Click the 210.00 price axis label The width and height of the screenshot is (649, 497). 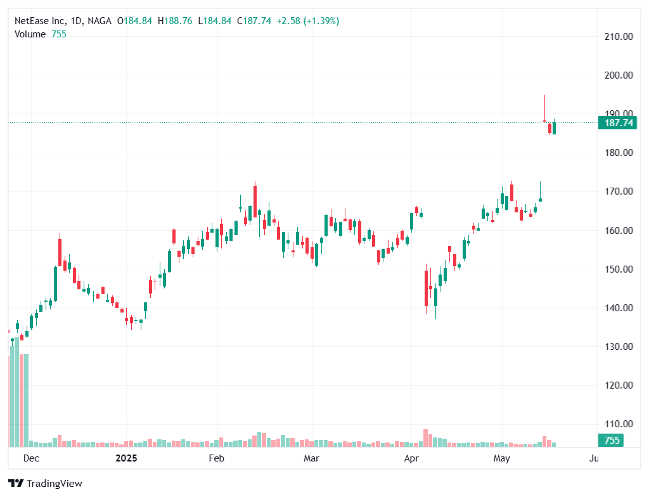tap(619, 37)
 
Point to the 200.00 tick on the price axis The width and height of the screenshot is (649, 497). tap(619, 75)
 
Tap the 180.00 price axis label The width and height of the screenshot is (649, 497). tap(619, 153)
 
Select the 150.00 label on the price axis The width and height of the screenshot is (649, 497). tap(619, 269)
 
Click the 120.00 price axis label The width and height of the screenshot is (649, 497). tap(619, 385)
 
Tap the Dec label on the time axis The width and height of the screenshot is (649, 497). tap(30, 458)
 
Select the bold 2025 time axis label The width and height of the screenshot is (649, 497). tap(125, 458)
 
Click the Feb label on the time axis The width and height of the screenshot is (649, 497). tap(217, 458)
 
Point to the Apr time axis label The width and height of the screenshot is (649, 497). tap(413, 458)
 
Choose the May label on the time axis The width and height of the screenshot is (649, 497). tap(502, 458)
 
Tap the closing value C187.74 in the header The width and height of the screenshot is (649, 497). tap(254, 21)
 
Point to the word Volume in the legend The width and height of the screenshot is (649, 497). tap(30, 34)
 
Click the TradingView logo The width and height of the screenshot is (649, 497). tap(46, 483)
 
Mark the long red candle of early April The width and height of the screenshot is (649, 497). tap(426, 289)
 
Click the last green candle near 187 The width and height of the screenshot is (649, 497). tap(554, 128)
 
